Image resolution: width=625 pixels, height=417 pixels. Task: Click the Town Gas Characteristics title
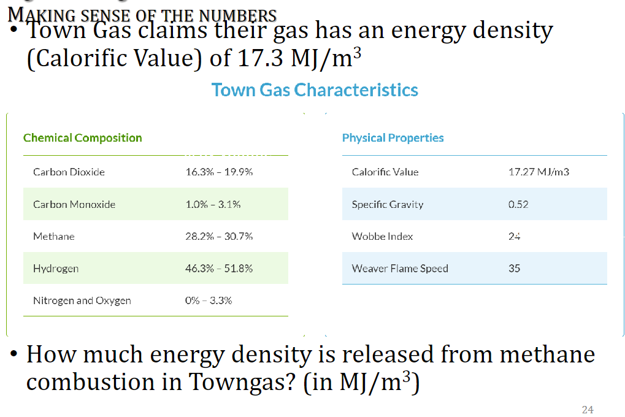coord(315,90)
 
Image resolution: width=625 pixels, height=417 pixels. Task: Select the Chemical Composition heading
coord(82,138)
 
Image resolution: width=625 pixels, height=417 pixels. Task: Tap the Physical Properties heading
coord(393,138)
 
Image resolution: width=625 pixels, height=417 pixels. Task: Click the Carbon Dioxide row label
coord(69,172)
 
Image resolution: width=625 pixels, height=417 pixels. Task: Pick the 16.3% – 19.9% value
coord(219,172)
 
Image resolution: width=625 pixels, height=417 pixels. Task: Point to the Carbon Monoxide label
coord(74,204)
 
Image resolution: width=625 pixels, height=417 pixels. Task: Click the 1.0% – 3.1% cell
coord(213,204)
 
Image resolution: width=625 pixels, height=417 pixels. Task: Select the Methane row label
coord(54,236)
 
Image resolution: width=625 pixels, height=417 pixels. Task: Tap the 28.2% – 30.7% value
coord(219,236)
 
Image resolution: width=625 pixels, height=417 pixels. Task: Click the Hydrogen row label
coord(56,269)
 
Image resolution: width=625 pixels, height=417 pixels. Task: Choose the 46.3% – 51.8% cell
coord(219,269)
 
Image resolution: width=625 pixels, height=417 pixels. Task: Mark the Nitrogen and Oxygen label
coord(82,300)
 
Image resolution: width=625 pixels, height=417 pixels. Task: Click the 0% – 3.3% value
coord(209,300)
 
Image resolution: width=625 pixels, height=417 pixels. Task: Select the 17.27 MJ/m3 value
coord(539,172)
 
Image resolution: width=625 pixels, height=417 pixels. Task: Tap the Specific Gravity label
coord(388,204)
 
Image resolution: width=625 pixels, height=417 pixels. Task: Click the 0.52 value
coord(518,204)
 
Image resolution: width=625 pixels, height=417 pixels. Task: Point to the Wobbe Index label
coord(383,236)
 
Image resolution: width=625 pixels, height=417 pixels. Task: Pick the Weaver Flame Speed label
coord(400,269)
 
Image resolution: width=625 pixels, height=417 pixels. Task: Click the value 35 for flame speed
coord(515,269)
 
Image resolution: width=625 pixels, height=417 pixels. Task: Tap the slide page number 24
coord(588,410)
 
